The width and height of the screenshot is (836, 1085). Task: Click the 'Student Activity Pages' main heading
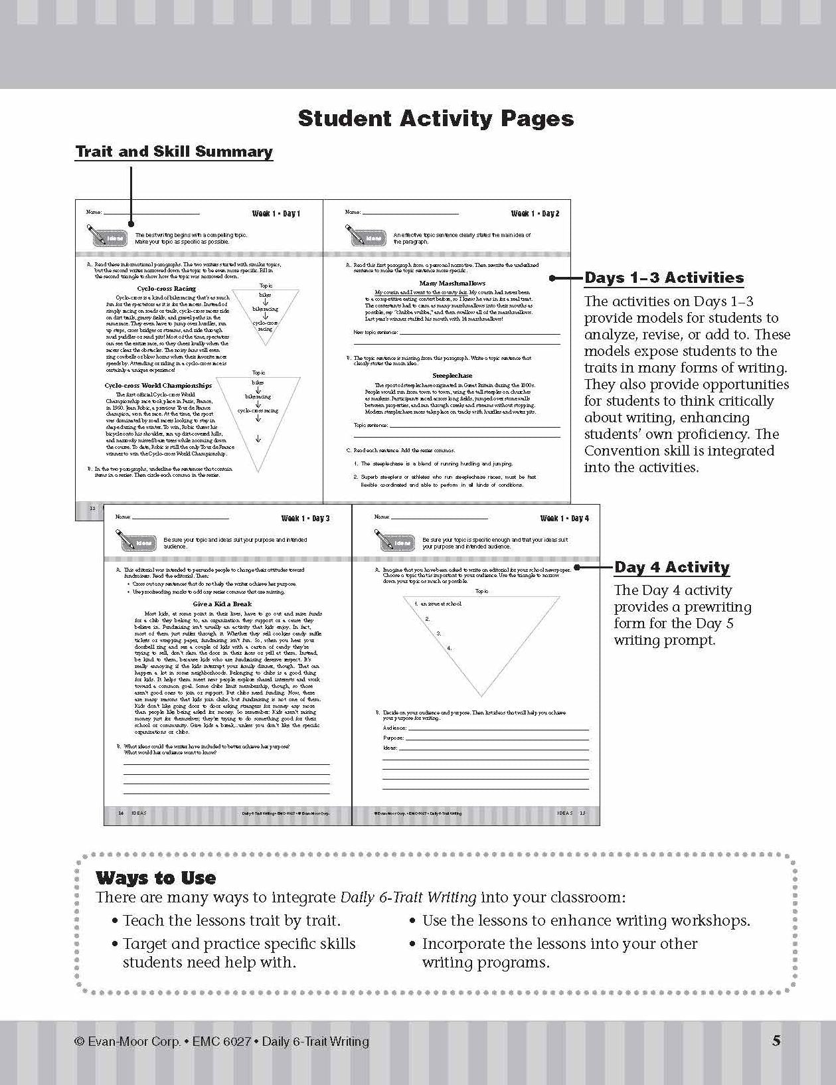(436, 118)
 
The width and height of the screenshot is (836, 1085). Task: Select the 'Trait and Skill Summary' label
(174, 151)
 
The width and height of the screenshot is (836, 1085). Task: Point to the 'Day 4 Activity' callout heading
(671, 567)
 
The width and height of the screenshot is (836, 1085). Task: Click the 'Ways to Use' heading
(156, 878)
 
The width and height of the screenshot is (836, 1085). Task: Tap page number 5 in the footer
(776, 1041)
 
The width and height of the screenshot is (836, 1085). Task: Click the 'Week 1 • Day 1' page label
(276, 214)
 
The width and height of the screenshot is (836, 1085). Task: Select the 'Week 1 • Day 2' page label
(535, 214)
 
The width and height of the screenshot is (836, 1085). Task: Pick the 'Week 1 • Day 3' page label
(305, 519)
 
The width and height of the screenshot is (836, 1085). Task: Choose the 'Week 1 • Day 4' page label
(564, 519)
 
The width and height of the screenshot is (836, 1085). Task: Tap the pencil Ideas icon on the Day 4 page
(394, 541)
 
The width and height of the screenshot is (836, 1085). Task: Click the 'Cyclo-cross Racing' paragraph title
(167, 289)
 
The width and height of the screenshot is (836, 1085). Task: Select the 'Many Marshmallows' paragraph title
(452, 284)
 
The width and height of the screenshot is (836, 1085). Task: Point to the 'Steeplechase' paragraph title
(452, 376)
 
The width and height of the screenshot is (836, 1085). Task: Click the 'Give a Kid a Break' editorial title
(222, 604)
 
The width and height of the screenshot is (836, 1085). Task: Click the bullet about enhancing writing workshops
(586, 920)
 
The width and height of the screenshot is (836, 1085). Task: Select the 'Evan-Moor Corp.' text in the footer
(133, 1041)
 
